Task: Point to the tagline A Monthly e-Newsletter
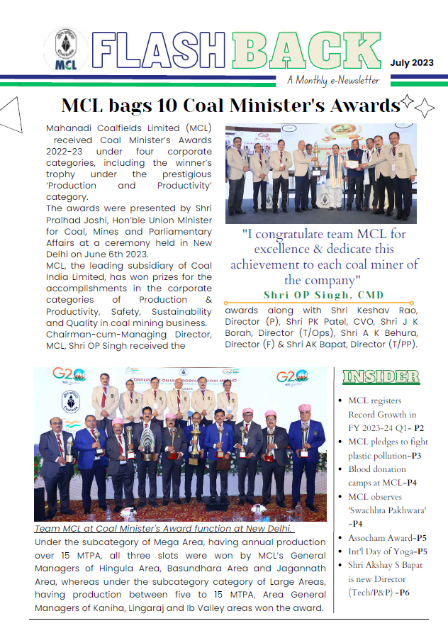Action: [333, 80]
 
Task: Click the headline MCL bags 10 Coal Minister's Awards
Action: [230, 106]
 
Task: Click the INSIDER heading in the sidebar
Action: [381, 376]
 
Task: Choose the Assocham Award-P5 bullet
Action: [387, 538]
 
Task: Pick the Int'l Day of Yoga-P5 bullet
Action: [387, 551]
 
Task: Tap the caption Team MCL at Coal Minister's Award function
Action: [164, 529]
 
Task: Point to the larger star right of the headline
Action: [425, 108]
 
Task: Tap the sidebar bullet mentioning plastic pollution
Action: [387, 449]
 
